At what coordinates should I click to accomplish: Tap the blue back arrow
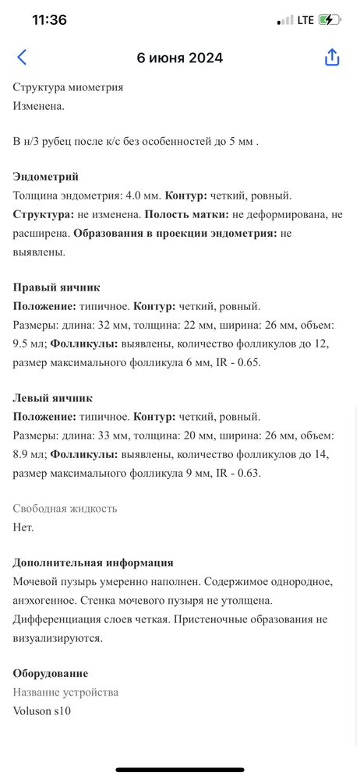point(22,57)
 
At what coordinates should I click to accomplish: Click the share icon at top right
point(332,58)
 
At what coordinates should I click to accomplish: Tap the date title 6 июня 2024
point(180,58)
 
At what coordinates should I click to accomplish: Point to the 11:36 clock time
point(49,20)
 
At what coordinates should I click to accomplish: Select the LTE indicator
point(305,20)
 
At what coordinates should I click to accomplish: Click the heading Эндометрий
point(46,177)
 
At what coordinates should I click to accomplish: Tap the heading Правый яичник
point(56,287)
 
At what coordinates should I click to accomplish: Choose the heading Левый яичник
point(53,398)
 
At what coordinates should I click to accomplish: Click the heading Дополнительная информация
point(94,562)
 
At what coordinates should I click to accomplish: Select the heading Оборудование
point(51,673)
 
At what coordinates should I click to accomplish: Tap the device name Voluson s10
point(42,710)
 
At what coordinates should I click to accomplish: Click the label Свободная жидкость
point(65,509)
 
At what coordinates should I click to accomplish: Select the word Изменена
point(39,105)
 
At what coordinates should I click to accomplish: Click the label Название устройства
point(66,692)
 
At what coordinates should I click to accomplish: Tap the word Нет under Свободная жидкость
point(23,527)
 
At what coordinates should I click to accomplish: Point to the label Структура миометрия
point(69,87)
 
